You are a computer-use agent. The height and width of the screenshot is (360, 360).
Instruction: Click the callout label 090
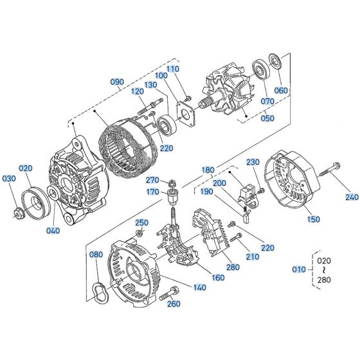click(x=116, y=82)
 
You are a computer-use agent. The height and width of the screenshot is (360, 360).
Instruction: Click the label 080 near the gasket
click(x=96, y=254)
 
